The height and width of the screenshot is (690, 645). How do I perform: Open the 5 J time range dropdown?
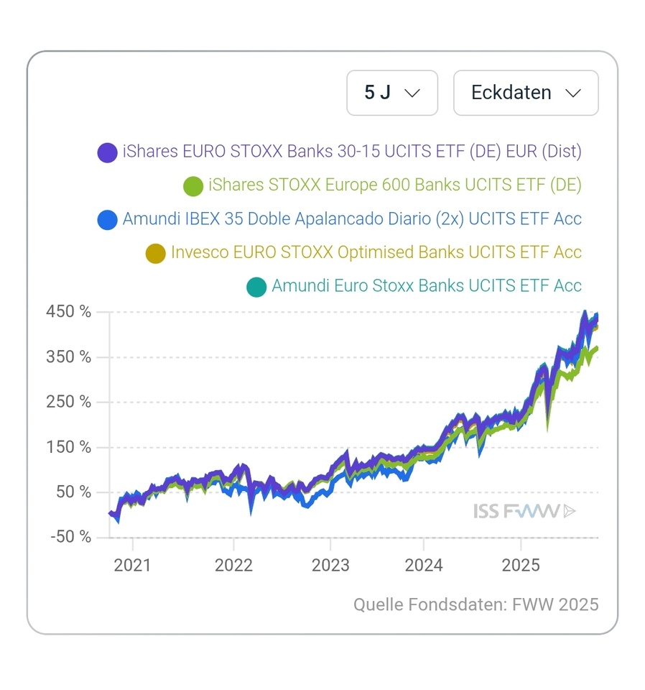tap(391, 93)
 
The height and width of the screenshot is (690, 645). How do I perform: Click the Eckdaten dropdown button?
tap(526, 93)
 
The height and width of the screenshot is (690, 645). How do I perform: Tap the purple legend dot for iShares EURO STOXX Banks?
tap(107, 152)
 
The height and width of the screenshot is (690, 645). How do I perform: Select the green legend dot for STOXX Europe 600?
tap(193, 186)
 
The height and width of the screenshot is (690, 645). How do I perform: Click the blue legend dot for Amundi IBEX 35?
tap(107, 219)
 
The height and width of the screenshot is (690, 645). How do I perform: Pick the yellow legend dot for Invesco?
tap(155, 253)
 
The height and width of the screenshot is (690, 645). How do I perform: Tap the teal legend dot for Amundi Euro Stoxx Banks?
tap(256, 287)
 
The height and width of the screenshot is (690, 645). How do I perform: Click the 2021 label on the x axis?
tap(133, 565)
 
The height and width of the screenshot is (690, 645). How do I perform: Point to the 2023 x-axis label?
tap(330, 565)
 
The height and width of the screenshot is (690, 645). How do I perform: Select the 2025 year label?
tap(520, 565)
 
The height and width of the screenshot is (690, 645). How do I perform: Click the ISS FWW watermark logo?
tap(524, 511)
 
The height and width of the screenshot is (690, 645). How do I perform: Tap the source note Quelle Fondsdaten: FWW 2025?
tap(475, 604)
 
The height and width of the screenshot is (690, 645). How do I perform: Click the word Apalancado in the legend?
tap(351, 218)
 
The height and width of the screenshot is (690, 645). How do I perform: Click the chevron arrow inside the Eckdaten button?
tap(572, 93)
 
